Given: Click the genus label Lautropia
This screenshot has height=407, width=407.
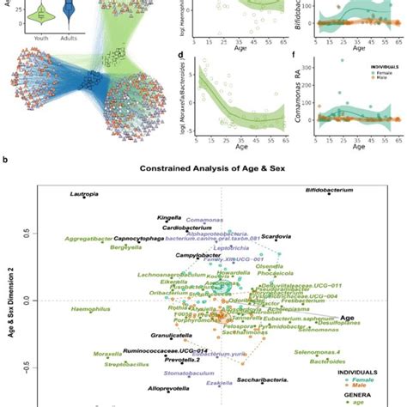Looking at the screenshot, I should click(88, 196).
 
